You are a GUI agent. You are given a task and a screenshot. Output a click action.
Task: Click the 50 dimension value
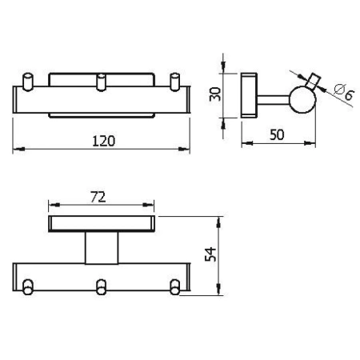pyautogui.click(x=276, y=134)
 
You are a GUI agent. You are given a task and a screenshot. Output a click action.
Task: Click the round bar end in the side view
pyautogui.click(x=303, y=99)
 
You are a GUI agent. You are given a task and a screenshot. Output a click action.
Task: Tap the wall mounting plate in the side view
pyautogui.click(x=250, y=94)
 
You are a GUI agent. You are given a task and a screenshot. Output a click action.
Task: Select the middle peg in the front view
pyautogui.click(x=101, y=83)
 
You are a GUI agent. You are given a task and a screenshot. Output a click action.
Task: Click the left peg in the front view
pyautogui.click(x=28, y=83)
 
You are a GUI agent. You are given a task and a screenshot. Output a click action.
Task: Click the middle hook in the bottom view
pyautogui.click(x=101, y=286)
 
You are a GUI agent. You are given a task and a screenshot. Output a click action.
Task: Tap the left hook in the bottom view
pyautogui.click(x=29, y=286)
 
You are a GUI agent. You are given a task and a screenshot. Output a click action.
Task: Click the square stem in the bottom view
pyautogui.click(x=101, y=248)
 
